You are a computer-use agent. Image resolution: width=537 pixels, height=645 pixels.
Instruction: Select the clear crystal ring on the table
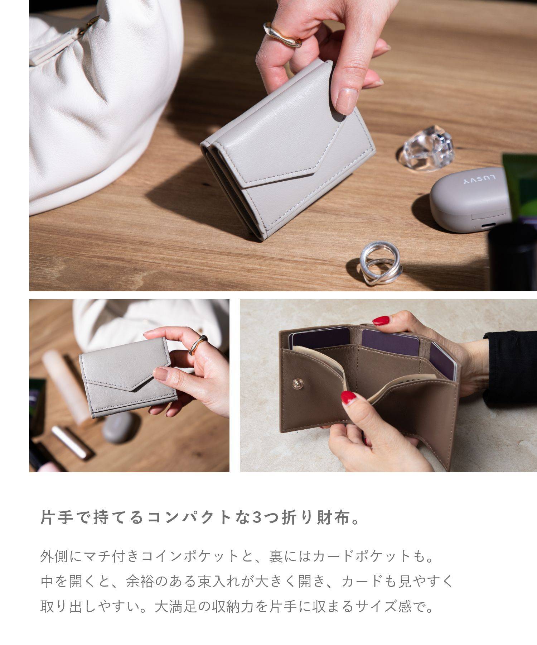[x=428, y=148]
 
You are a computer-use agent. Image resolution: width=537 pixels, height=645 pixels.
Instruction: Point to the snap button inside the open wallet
[x=296, y=384]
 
